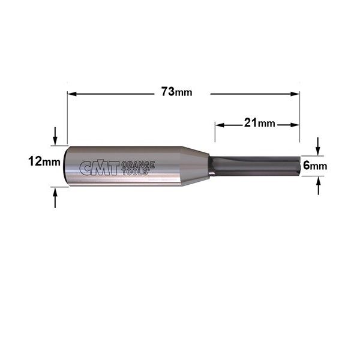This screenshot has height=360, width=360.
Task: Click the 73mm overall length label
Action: click(x=176, y=92)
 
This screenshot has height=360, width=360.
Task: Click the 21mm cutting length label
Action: click(x=259, y=123)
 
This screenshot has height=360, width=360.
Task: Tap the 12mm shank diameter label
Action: click(x=44, y=161)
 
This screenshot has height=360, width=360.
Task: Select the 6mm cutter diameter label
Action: click(x=315, y=166)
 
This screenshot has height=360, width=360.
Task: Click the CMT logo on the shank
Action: click(x=100, y=167)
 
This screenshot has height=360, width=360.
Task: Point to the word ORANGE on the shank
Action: click(x=138, y=164)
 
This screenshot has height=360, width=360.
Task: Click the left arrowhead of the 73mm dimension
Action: click(x=72, y=94)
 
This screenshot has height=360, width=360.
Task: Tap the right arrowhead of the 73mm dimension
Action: click(x=295, y=94)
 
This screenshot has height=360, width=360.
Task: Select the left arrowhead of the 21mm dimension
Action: click(x=220, y=125)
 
